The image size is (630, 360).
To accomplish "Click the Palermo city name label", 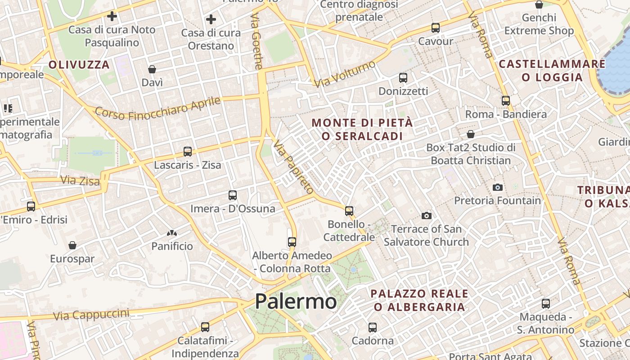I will (296, 301).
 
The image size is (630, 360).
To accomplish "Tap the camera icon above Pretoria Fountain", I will (497, 187).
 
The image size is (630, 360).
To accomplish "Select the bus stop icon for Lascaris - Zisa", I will (188, 152).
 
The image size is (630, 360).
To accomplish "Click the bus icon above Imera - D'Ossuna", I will (233, 195).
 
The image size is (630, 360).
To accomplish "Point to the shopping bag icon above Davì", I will (152, 69).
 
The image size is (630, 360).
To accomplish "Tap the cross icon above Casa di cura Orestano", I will (211, 19).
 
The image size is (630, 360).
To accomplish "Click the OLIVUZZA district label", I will (79, 65).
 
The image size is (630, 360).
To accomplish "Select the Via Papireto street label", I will (293, 167).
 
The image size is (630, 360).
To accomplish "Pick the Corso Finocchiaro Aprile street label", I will (157, 108).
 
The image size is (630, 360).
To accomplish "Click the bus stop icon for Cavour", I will (435, 28).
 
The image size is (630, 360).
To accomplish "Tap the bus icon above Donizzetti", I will (403, 78).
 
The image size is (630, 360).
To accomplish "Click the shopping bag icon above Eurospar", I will (72, 245).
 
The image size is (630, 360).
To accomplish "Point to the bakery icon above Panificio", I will (172, 233).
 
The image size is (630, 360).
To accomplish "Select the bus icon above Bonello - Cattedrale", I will (349, 211).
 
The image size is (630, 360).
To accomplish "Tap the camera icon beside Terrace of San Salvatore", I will (426, 216).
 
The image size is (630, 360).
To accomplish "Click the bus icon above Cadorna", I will (373, 327).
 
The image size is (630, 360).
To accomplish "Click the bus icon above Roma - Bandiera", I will (506, 101).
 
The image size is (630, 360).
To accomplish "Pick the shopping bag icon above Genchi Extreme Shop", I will (539, 5).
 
